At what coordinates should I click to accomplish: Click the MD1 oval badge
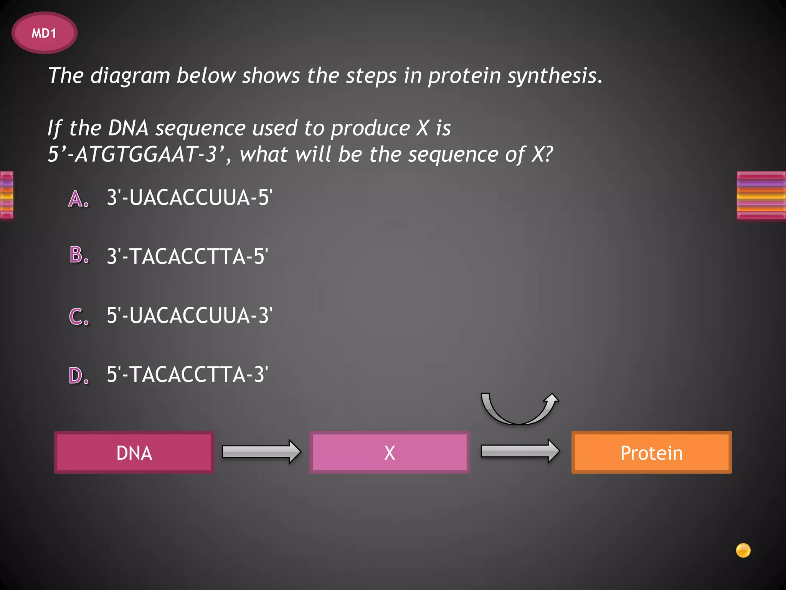(44, 33)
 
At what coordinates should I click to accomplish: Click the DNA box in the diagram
(134, 452)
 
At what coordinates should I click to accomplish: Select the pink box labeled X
(389, 452)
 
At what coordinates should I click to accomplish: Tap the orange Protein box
(651, 452)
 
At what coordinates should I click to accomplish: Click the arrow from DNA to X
(261, 452)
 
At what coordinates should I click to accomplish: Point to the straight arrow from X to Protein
(520, 451)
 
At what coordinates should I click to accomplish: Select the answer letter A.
(78, 199)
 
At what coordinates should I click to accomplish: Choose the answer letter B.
(79, 255)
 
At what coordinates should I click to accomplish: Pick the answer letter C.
(79, 317)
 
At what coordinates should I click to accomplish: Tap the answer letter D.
(79, 376)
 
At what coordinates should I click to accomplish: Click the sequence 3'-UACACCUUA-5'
(189, 198)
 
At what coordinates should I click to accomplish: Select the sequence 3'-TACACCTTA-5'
(187, 257)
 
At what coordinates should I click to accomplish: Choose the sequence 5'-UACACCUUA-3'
(189, 315)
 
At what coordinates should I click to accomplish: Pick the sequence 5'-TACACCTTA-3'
(187, 375)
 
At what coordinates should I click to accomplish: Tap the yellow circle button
(743, 550)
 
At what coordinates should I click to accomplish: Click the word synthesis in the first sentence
(554, 76)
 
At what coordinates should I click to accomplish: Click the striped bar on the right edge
(761, 195)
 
